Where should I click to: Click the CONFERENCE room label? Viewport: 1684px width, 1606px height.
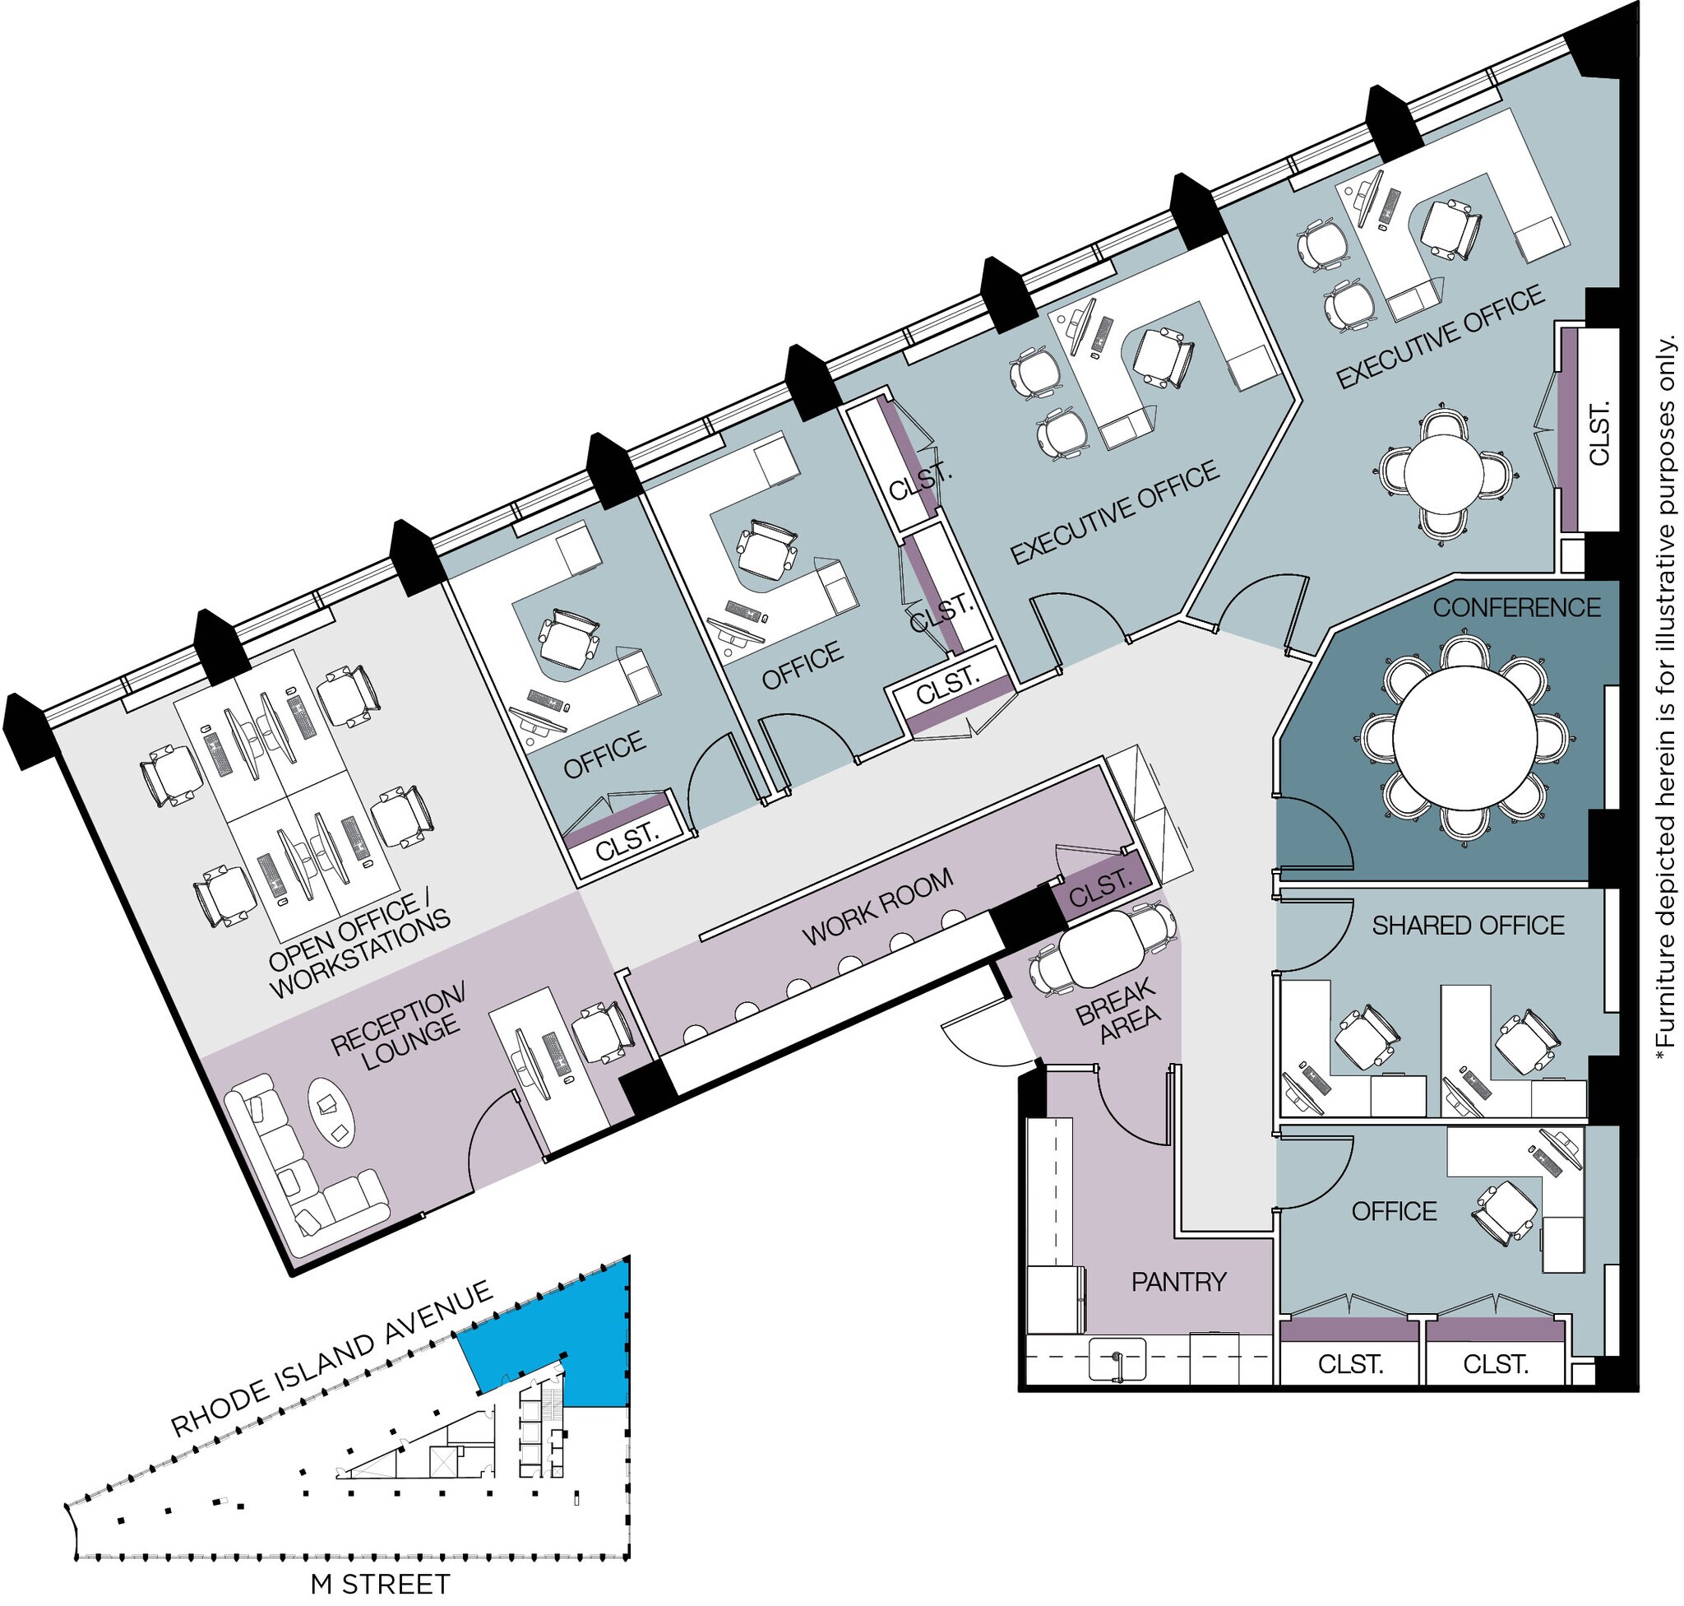pyautogui.click(x=1515, y=608)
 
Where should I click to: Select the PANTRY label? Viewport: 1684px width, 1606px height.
pyautogui.click(x=1178, y=1282)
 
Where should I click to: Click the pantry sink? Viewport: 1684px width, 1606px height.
pyautogui.click(x=1117, y=1359)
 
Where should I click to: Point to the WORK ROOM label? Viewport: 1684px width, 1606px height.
pyautogui.click(x=877, y=907)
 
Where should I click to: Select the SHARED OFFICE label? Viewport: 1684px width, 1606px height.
pyautogui.click(x=1468, y=926)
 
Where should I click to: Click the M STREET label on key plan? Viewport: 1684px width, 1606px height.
pyautogui.click(x=379, y=1585)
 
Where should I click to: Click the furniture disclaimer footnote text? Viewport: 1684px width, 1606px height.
pyautogui.click(x=1665, y=698)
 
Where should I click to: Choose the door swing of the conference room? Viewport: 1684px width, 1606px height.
pyautogui.click(x=1313, y=834)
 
